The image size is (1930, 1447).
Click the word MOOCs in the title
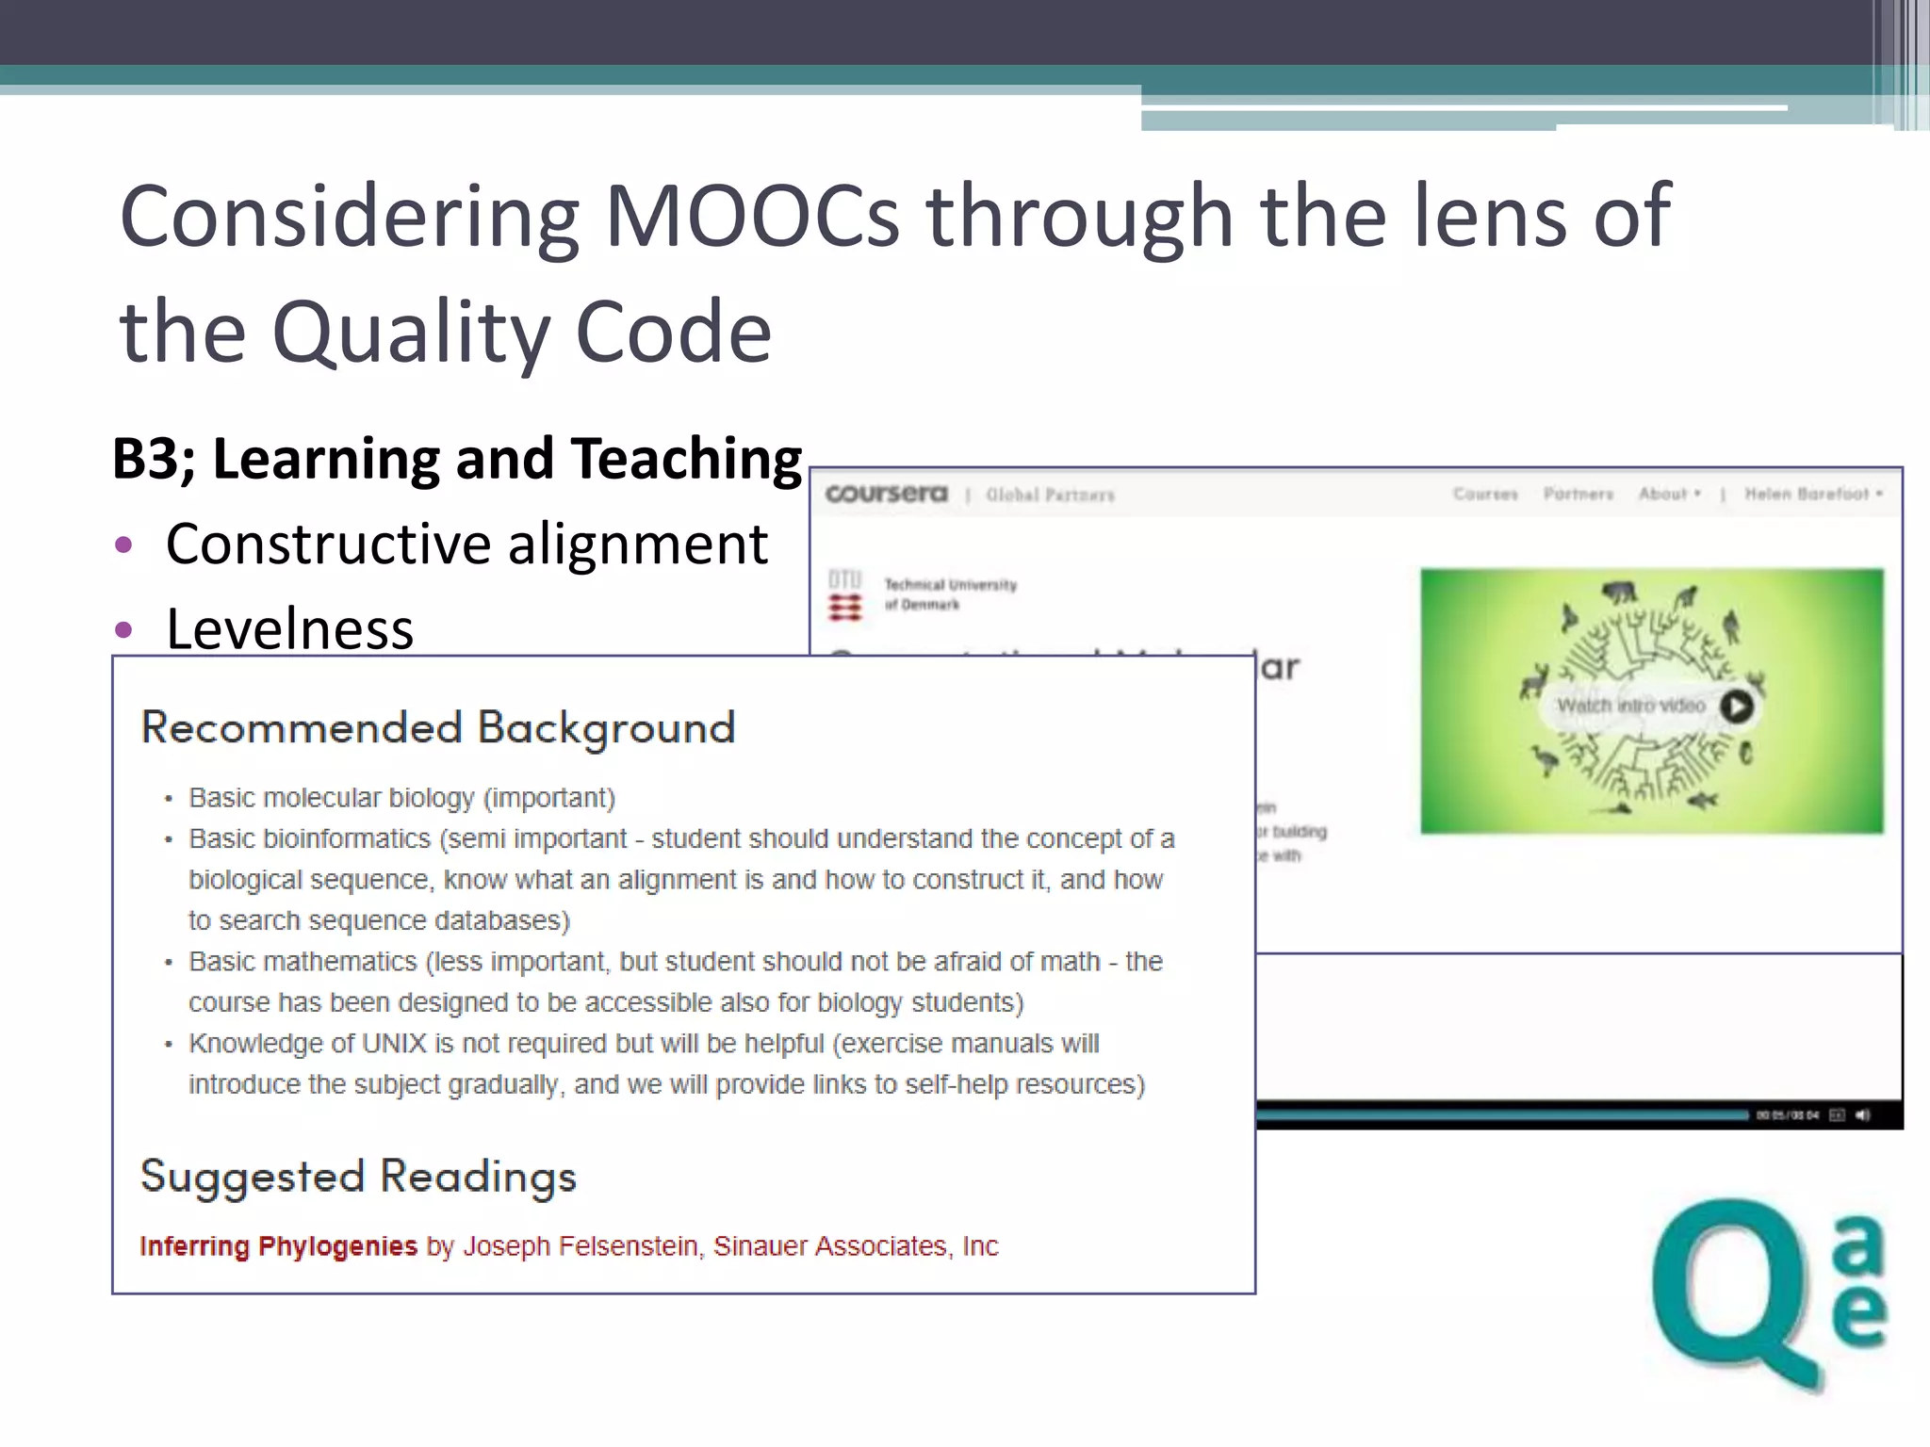[751, 217]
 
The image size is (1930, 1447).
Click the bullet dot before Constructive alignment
[123, 545]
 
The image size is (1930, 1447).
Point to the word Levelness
[289, 629]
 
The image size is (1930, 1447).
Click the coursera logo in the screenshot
[886, 494]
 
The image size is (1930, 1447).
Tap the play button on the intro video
[1737, 706]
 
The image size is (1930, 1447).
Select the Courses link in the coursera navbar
[1485, 494]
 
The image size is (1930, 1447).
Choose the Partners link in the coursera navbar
[1578, 494]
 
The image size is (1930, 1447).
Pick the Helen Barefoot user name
[1807, 494]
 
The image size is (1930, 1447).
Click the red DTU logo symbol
[845, 608]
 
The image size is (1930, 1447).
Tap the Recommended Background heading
[437, 728]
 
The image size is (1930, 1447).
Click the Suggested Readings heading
[358, 1177]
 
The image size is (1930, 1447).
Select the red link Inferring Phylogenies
[278, 1246]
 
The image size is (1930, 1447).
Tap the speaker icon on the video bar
[1863, 1115]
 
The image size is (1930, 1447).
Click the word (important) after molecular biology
[549, 798]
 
